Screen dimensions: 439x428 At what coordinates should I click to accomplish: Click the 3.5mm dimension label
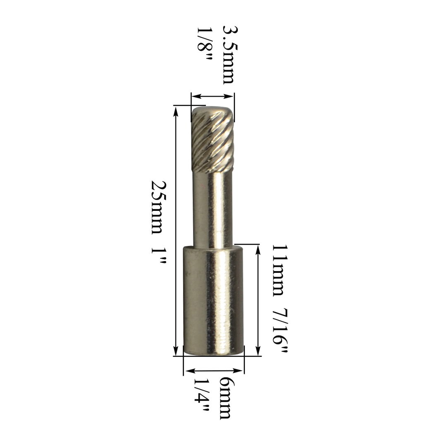(228, 55)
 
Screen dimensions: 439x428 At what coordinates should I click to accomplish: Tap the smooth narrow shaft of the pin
(213, 209)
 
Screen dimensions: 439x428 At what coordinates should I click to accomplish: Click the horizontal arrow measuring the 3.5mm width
(213, 96)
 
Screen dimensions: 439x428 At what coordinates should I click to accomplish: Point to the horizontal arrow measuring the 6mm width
(214, 371)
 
